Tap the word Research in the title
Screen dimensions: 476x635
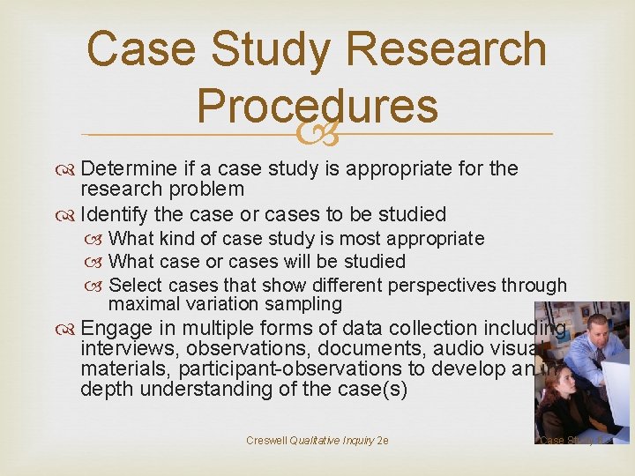pos(437,48)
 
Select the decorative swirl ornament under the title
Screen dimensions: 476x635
pos(318,134)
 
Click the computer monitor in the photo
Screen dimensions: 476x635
pos(618,388)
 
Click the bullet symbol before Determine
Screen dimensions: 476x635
pos(68,169)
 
